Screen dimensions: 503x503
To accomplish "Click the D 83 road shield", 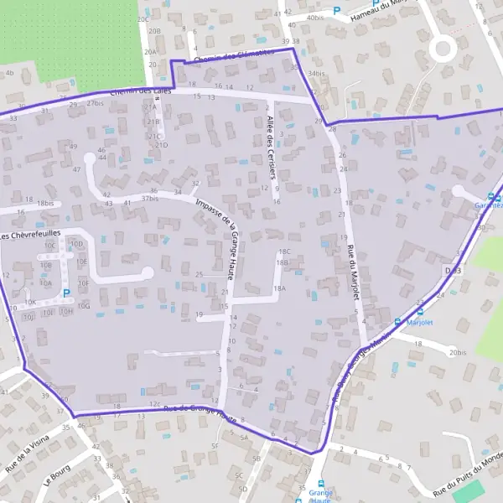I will (x=453, y=271).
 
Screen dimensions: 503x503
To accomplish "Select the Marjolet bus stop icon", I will (x=398, y=322).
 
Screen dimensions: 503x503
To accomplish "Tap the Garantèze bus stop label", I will (x=488, y=205).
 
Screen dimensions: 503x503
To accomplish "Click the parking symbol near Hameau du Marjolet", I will (x=337, y=12).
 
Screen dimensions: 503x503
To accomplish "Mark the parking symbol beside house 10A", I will (x=66, y=293).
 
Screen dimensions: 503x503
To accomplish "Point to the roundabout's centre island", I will (x=442, y=49).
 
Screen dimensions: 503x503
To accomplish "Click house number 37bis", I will (x=149, y=199).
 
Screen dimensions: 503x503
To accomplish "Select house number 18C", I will (x=283, y=251).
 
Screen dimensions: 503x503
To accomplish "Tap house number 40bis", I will (x=314, y=17).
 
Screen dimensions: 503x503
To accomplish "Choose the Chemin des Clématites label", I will (x=232, y=58).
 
